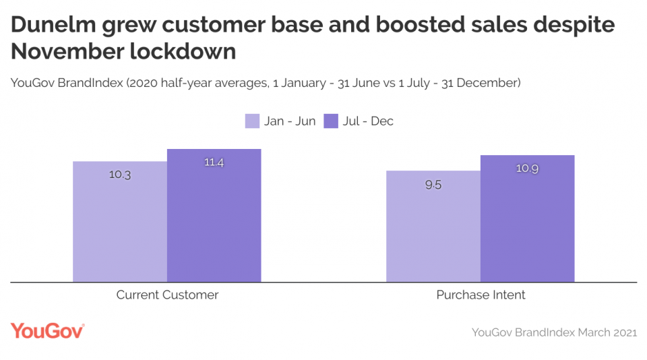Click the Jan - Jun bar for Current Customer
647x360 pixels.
pos(120,222)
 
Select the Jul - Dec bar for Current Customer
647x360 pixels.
pos(214,216)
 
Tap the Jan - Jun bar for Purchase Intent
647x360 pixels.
pos(433,227)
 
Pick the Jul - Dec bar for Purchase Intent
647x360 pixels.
pos(528,219)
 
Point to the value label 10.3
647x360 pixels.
pos(120,175)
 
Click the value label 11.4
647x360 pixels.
pos(214,162)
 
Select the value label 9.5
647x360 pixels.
pos(433,185)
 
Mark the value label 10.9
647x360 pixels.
pos(528,169)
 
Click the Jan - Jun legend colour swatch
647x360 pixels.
pos(252,121)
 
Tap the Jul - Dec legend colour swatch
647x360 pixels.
pos(331,121)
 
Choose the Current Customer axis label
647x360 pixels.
pos(167,295)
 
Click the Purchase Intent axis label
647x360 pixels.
pos(481,295)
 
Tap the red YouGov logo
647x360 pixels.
pos(47,330)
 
